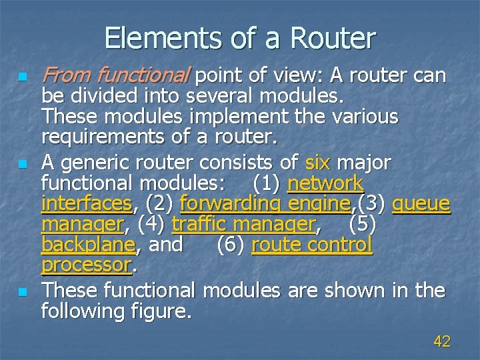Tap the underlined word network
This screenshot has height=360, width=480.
[325, 182]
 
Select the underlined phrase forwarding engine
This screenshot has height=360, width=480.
[265, 203]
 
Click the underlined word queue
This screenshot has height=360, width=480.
[421, 203]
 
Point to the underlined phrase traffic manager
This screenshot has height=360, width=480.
[244, 224]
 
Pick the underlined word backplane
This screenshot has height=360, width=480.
[88, 245]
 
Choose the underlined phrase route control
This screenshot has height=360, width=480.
[311, 245]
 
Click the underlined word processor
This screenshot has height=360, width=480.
[86, 265]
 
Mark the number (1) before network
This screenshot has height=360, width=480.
[267, 182]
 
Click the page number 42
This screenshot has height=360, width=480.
[441, 342]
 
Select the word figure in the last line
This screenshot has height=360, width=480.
[159, 311]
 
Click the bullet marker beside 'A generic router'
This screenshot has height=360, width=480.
[24, 163]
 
